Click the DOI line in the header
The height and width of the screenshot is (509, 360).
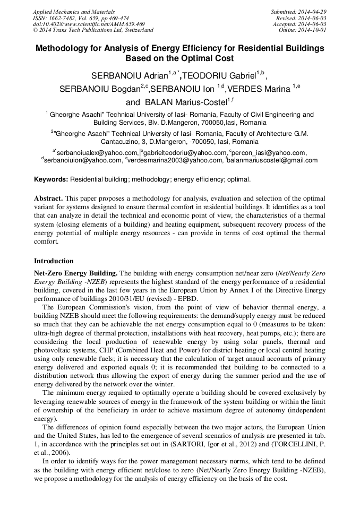pyautogui.click(x=88, y=24)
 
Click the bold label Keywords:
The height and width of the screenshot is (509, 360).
pyautogui.click(x=51, y=179)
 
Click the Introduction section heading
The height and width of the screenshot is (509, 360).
pyautogui.click(x=54, y=261)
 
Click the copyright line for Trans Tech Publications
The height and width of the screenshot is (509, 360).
pyautogui.click(x=93, y=30)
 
